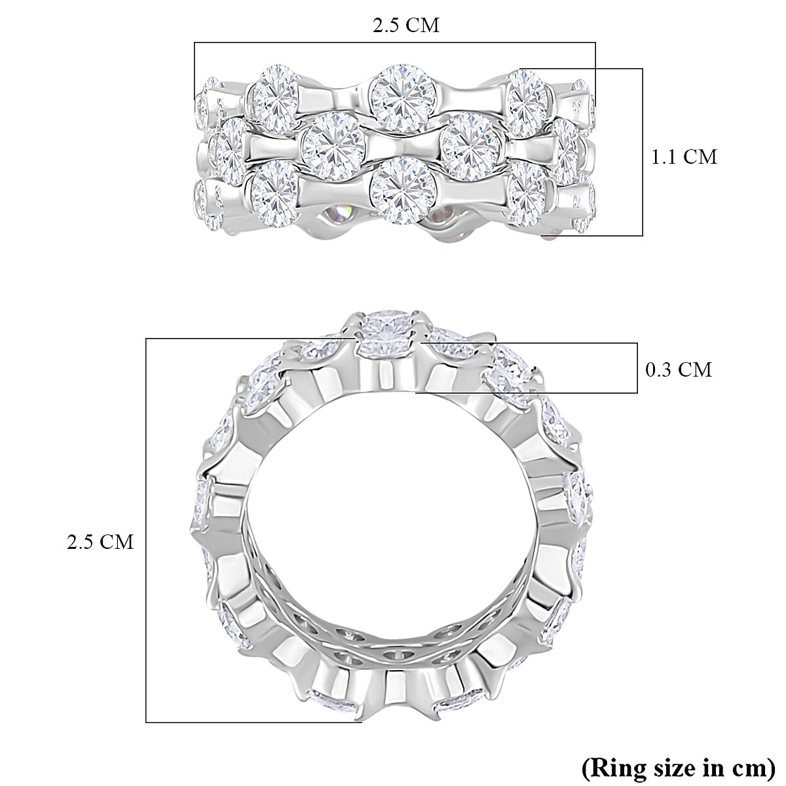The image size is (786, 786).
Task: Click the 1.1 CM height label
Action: point(684,157)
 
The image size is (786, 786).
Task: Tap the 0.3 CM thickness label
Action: point(679,370)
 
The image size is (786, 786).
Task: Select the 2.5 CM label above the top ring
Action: point(405,26)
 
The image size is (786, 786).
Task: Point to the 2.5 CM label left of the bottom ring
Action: point(100,542)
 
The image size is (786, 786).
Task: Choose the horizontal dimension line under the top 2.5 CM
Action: point(394,43)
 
